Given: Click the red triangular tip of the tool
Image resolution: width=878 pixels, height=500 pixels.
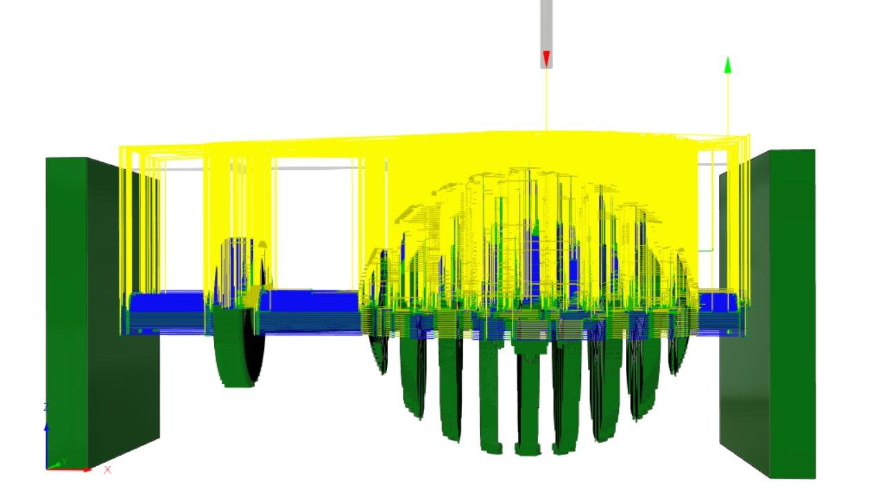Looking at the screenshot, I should coord(546,59).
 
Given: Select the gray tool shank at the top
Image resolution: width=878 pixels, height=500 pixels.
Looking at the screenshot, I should coord(546,24).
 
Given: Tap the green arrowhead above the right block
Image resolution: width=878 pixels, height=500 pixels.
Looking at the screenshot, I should coord(727,65).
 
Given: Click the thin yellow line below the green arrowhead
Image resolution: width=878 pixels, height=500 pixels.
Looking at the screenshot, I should coord(727,104).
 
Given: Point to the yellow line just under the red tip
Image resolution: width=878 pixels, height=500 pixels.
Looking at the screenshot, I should coord(546,97).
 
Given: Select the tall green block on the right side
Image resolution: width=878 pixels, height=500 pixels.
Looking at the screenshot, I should coord(792,311).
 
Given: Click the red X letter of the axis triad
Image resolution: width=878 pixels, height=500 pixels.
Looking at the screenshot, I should coord(107,470).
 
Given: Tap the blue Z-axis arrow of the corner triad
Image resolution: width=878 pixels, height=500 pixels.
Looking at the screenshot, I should coord(46,435).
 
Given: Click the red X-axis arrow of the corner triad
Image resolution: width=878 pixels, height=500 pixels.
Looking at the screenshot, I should coord(76,470).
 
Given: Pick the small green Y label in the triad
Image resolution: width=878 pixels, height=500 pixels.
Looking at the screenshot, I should coord(64,460).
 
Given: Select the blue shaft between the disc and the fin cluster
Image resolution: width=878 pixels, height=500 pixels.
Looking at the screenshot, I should coord(311,304).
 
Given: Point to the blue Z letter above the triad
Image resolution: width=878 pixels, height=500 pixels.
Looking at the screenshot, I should coord(46,407).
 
